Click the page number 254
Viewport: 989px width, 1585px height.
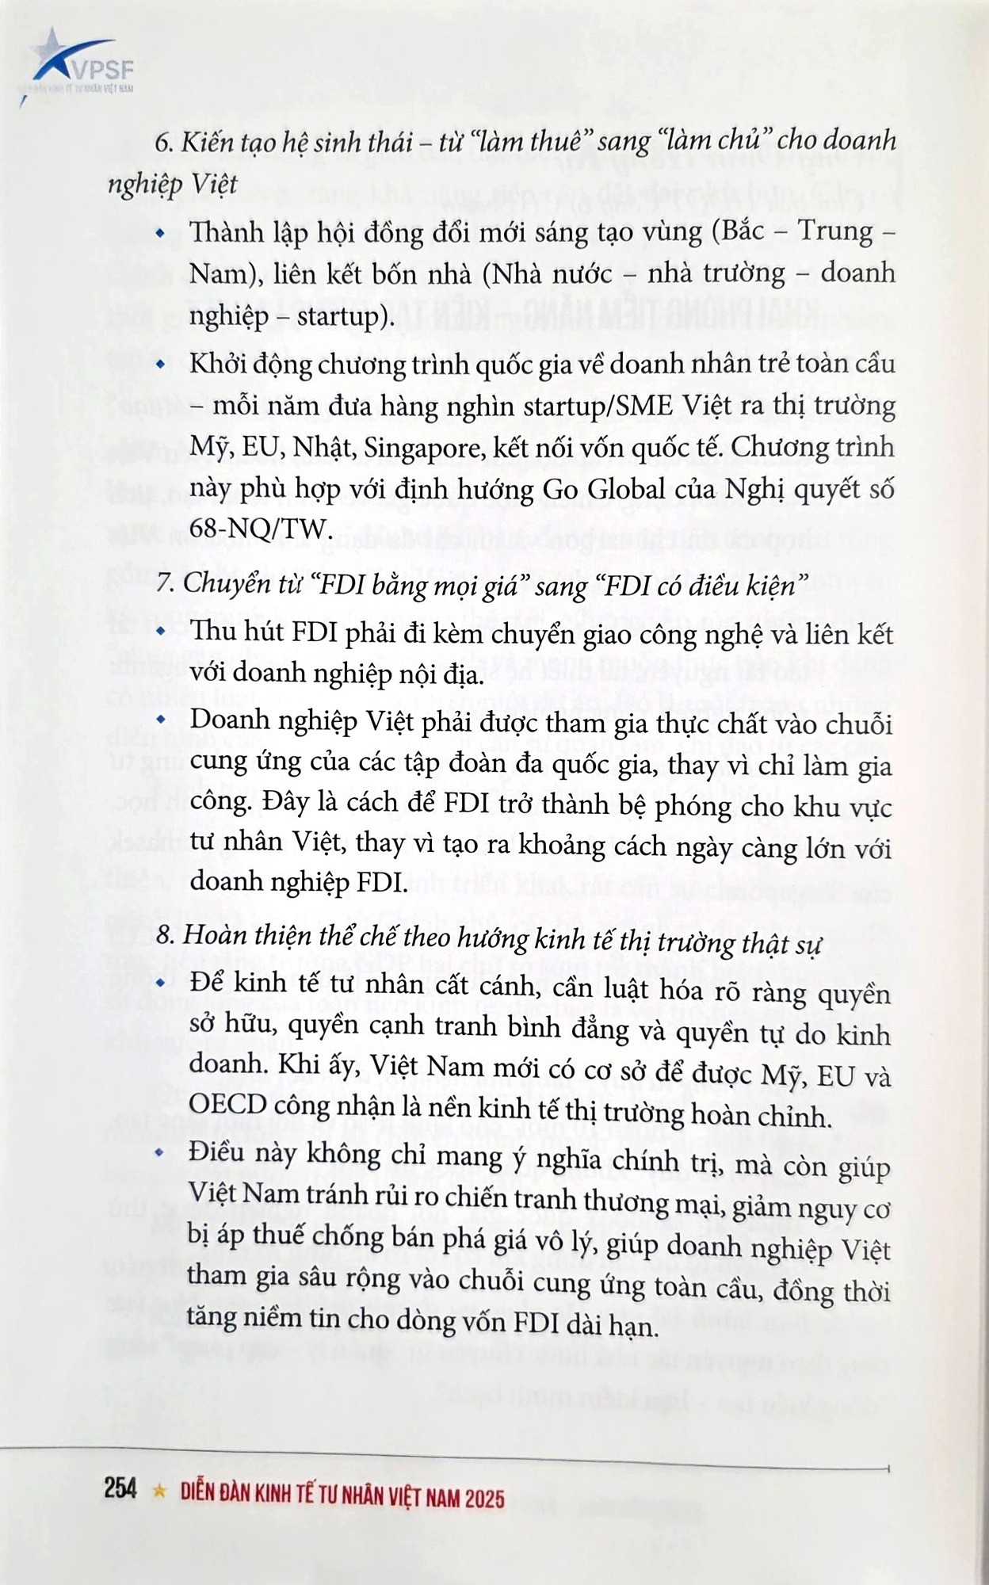[120, 1488]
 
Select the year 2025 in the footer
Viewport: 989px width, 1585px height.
[485, 1498]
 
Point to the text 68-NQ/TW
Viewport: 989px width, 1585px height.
[258, 528]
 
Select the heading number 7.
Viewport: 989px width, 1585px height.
[164, 584]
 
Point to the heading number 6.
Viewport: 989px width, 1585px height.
[163, 143]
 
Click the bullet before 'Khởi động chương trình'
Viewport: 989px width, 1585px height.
[162, 365]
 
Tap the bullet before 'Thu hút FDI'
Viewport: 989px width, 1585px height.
[162, 632]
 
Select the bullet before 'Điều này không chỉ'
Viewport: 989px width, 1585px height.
[162, 1152]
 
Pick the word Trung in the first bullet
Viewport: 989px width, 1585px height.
[831, 231]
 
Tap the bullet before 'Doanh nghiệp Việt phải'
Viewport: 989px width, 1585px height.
[162, 720]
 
